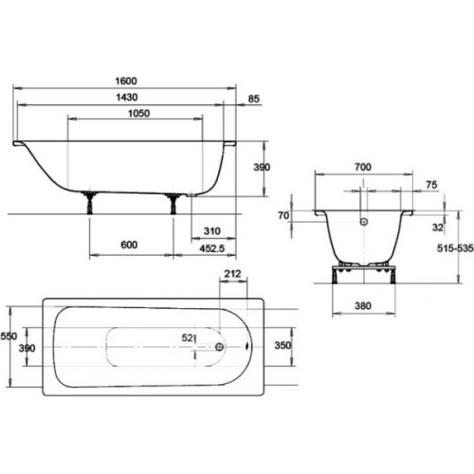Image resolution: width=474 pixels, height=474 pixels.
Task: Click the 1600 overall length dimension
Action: (x=126, y=81)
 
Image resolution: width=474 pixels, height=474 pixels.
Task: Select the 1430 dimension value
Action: (x=126, y=97)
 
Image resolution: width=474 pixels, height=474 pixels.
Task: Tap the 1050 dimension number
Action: (x=138, y=113)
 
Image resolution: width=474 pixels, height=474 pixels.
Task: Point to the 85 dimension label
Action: (x=253, y=99)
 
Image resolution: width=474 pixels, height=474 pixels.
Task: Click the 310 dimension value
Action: (x=211, y=231)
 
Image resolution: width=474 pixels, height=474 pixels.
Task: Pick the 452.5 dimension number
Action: (x=211, y=248)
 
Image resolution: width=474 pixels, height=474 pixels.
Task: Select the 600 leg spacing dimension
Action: (x=129, y=245)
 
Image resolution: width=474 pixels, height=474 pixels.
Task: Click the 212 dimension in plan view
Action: (x=232, y=274)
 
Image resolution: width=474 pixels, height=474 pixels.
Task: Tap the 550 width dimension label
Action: (x=9, y=336)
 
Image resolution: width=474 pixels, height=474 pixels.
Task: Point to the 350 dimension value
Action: (x=283, y=345)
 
